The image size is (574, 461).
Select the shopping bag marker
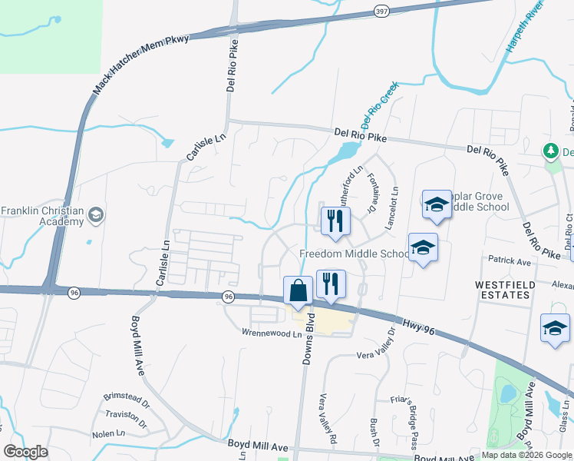[x=298, y=291]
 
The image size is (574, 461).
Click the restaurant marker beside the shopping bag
[x=330, y=283]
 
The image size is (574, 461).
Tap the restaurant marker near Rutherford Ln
[x=335, y=221]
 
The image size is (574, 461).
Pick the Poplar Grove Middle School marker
[x=436, y=205]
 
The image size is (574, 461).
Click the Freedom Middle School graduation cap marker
[x=422, y=248]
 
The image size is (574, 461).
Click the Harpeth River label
[x=524, y=27]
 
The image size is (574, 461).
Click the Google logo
[x=25, y=452]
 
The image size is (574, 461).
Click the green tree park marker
[x=550, y=151]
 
